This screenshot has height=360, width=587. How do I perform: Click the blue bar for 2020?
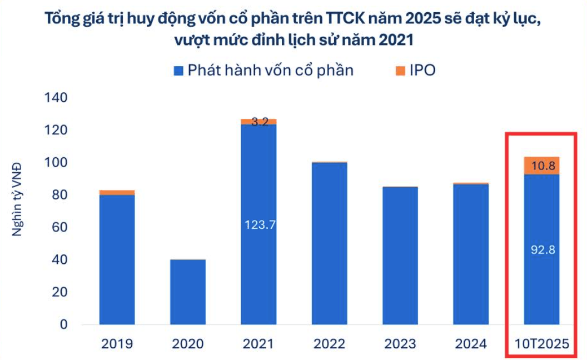[x=188, y=292]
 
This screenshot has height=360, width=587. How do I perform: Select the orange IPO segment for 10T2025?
[x=542, y=166]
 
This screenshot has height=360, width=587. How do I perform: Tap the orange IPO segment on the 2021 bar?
[x=258, y=122]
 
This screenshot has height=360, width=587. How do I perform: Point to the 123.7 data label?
[x=260, y=224]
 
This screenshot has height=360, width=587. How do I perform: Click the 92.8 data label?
[x=543, y=249]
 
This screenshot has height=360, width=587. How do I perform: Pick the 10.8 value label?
[x=543, y=166]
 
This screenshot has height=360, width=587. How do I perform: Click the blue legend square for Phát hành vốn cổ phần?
[x=178, y=71]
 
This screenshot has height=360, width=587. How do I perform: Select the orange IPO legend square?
[x=400, y=71]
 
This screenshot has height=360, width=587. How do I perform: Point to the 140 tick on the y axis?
[x=56, y=98]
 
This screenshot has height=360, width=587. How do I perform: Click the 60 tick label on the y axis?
[x=60, y=227]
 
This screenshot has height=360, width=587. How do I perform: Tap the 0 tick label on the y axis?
[x=63, y=324]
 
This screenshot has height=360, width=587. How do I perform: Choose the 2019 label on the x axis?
[x=117, y=343]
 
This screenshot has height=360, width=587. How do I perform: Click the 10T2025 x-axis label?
[x=542, y=343]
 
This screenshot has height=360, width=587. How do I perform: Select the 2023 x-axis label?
[x=400, y=343]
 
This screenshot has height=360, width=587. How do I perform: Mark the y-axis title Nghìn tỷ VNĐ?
[x=17, y=199]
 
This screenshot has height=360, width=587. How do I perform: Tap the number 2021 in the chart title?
[x=396, y=39]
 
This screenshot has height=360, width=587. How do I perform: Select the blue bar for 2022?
[x=330, y=243]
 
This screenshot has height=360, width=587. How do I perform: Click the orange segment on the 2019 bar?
[x=117, y=192]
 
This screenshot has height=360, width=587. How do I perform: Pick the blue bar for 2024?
[x=471, y=254]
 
